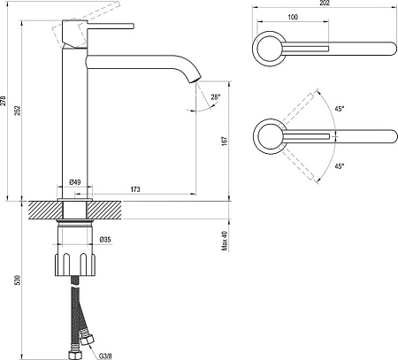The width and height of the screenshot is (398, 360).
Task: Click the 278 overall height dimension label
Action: [4, 101]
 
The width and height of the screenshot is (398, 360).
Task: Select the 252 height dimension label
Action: [18, 111]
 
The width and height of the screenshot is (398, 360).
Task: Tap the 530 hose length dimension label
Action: [18, 280]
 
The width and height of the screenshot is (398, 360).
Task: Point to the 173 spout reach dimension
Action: [135, 189]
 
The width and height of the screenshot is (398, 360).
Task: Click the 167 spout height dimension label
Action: [225, 141]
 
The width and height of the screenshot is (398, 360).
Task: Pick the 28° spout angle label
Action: [216, 96]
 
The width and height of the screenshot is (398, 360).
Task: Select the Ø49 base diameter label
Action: [75, 182]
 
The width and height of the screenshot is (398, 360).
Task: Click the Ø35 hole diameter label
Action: [105, 240]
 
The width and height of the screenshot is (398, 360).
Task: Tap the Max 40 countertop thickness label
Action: [225, 241]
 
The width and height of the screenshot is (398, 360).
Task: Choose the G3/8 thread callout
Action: [105, 356]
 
